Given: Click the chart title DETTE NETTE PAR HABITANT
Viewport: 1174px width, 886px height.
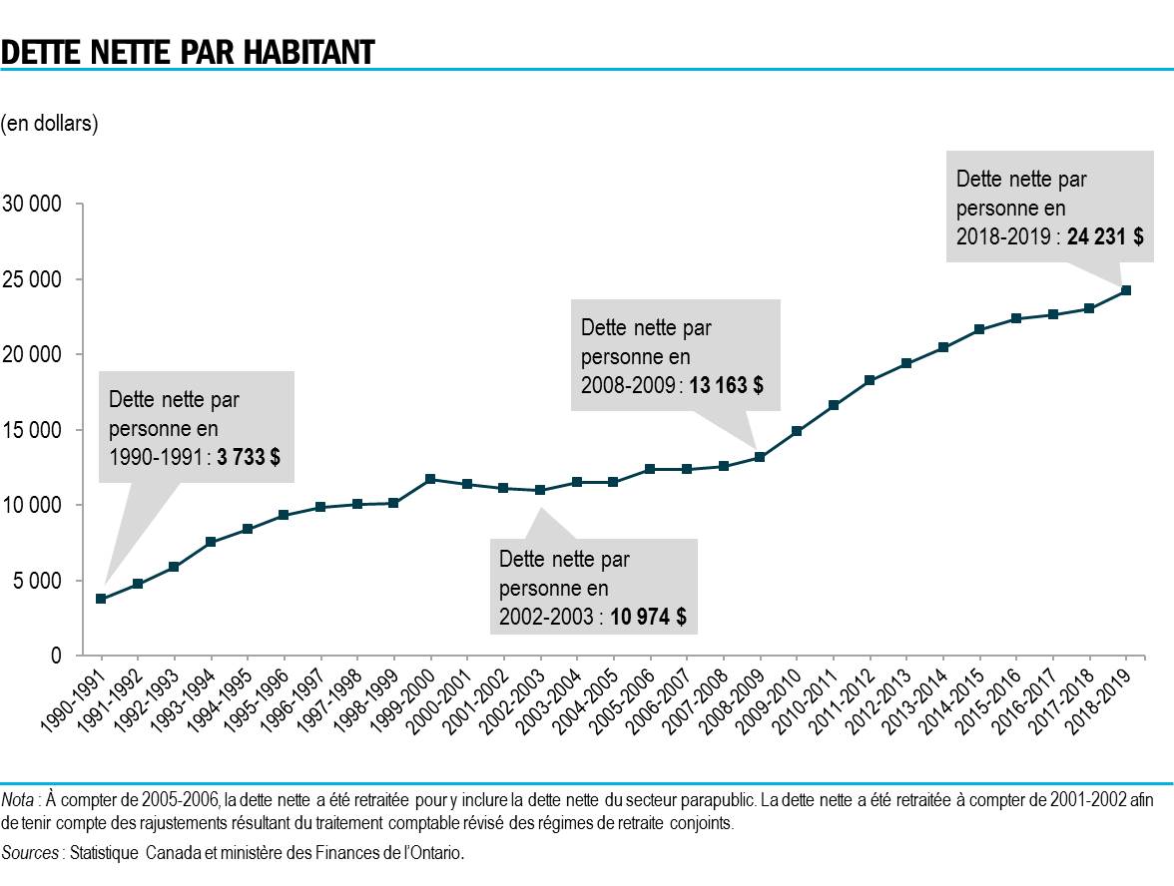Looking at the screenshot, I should coord(188,51).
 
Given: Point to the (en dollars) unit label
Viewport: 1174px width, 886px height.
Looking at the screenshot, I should coord(49,124).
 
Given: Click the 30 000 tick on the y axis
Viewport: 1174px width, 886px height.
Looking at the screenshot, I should coord(33,205).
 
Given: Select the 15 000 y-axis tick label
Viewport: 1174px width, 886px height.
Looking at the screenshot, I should coord(33,430).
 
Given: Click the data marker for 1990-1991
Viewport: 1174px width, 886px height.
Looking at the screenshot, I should coord(101,599).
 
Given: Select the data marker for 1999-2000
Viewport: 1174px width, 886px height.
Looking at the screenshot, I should coord(430,479).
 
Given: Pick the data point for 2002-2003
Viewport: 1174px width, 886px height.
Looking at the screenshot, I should coord(540,490).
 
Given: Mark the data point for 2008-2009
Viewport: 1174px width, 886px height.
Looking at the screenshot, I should coord(760,457).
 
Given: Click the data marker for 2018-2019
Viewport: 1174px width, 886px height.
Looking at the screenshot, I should coord(1126,290).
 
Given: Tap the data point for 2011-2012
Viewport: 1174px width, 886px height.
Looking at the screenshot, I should coord(870,380).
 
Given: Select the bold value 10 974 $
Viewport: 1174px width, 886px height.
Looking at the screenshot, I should coord(648,617).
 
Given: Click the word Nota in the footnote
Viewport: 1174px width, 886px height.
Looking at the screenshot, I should coord(16,799).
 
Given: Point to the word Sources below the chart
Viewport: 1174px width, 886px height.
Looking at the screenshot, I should coord(31,853).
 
